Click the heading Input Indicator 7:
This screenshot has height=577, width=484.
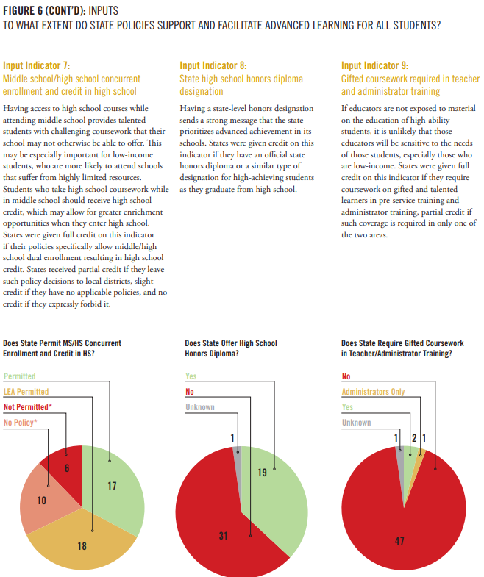click(37, 65)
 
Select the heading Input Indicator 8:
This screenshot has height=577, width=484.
click(213, 65)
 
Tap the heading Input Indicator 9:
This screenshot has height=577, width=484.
click(374, 65)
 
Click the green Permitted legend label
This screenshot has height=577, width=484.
click(20, 376)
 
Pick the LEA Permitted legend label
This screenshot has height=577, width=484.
click(26, 392)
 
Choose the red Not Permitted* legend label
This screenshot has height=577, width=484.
click(28, 407)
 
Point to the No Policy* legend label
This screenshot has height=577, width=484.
click(21, 423)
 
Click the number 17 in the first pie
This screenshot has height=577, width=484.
click(112, 486)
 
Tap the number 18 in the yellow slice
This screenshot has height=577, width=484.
click(82, 545)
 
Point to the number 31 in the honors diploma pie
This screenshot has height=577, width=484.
click(223, 535)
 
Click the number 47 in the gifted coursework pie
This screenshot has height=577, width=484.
click(399, 540)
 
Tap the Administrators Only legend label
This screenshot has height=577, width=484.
click(373, 392)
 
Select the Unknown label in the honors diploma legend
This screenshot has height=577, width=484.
click(200, 407)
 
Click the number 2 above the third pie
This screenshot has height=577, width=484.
click(414, 438)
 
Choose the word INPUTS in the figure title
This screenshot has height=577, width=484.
click(104, 11)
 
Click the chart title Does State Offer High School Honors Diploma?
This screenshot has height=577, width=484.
click(231, 348)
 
